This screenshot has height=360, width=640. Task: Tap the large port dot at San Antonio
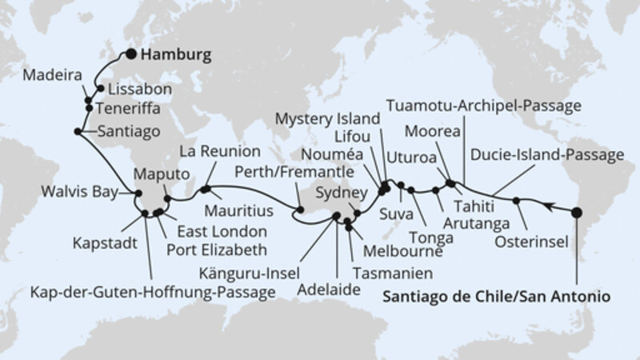click(x=576, y=213)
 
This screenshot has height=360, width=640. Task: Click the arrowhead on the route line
click(x=546, y=206)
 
